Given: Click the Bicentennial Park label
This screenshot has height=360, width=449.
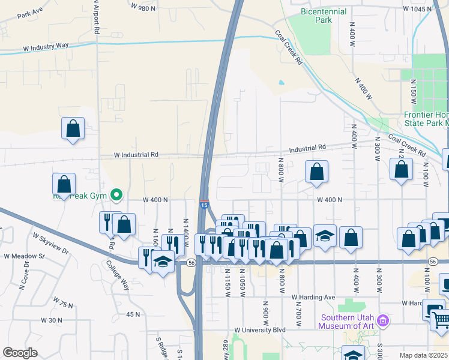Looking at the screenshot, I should click(x=323, y=16).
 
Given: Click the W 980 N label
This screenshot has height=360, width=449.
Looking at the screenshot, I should click(x=143, y=8).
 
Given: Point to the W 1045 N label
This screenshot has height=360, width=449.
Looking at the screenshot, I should click(x=418, y=9).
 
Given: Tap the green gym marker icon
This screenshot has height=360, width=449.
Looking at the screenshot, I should click(x=118, y=194).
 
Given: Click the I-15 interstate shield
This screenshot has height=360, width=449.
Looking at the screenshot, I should click(x=204, y=205).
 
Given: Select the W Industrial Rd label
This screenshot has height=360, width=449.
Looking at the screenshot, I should click(x=137, y=154).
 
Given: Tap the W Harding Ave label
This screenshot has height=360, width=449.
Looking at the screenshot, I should click(x=313, y=297).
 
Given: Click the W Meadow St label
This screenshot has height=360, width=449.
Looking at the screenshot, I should click(x=25, y=256).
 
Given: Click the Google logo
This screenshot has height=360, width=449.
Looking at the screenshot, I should click(x=20, y=353).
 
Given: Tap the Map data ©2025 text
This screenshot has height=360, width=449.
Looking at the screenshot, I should click(x=424, y=355).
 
